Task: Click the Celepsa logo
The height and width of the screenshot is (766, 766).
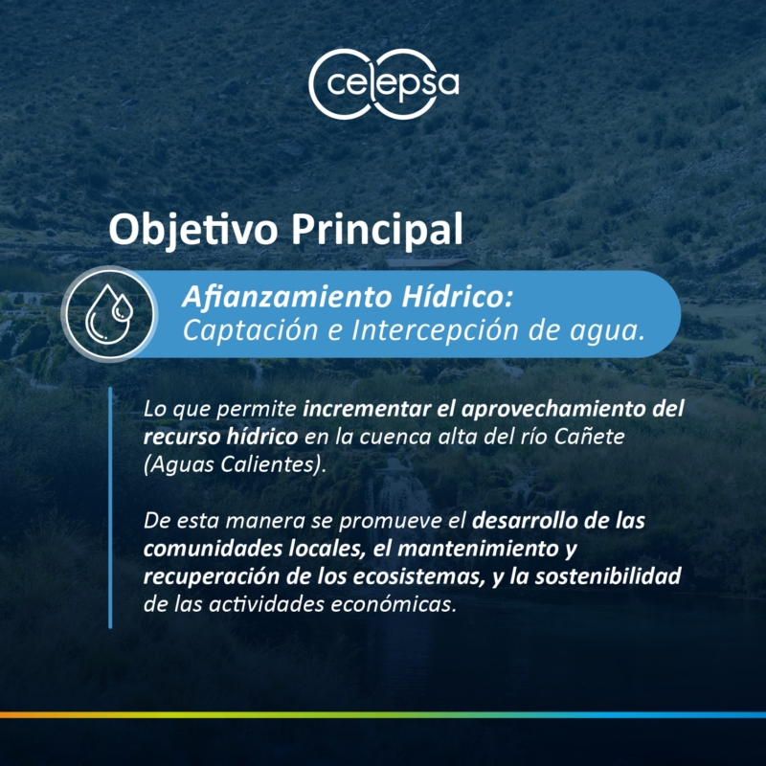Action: point(384,84)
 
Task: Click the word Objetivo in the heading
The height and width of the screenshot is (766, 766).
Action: point(193,231)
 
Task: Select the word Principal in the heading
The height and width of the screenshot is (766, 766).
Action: point(376,231)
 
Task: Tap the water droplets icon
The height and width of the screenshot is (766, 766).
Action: point(109,314)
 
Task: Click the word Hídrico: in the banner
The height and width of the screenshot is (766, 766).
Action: point(458,297)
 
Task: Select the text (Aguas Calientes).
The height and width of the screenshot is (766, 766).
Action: point(235,464)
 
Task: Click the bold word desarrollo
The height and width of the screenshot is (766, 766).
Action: point(524,521)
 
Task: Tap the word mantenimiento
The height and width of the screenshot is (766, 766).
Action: point(478,549)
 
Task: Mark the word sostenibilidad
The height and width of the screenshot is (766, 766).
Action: point(608,576)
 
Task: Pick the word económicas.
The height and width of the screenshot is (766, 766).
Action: point(394,605)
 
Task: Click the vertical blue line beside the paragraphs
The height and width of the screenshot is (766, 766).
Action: point(110,507)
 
